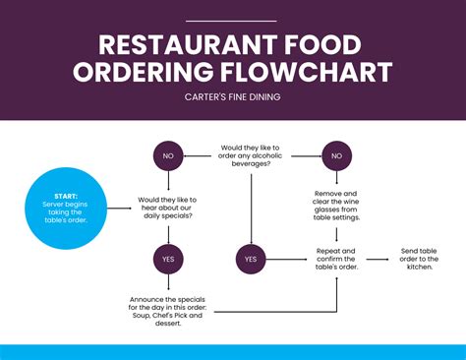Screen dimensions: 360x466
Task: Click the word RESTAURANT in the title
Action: pos(174,45)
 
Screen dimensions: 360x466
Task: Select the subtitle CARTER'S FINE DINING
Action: pos(233,96)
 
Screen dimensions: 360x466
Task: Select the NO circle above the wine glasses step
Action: pos(337,155)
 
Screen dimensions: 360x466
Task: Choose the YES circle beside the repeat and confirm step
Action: pos(250,259)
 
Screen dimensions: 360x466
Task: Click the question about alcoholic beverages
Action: pos(252,154)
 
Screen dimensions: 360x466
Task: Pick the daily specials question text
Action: pos(165,207)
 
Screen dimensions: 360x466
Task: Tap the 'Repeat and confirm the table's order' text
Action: pos(336,259)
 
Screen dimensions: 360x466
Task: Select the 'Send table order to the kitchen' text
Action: pos(422,259)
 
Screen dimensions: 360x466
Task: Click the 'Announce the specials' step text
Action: pos(165,310)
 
